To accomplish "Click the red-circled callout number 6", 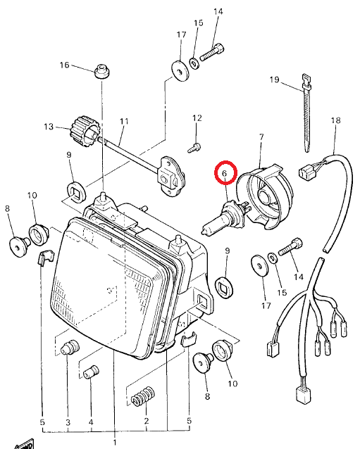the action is [225, 173].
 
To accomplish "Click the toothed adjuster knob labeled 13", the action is [82, 131].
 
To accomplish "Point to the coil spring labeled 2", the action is [143, 397].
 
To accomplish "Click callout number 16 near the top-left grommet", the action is [65, 65].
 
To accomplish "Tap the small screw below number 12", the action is [194, 148].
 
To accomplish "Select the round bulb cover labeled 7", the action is [265, 197].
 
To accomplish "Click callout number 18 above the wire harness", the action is [335, 120].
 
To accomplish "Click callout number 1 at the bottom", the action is [115, 443].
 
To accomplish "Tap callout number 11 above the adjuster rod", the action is [124, 122].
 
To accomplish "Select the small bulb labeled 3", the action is [70, 347].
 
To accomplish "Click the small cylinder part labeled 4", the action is [91, 372].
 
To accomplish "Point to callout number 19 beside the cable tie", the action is [274, 80].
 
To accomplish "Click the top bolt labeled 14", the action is [212, 52].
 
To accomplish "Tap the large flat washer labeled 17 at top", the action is [180, 71].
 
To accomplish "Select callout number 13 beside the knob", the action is [49, 126].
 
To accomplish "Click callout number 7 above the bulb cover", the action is [261, 137].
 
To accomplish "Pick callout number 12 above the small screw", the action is [197, 118].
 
